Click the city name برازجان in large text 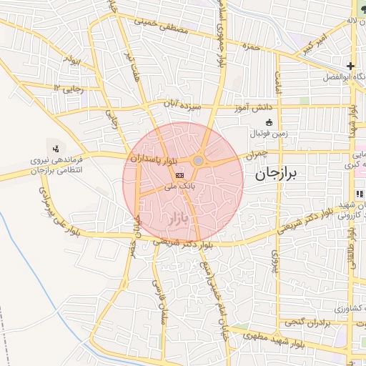tap(275, 174)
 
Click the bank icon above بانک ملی tap(179, 174)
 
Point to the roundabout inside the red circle tap(198, 161)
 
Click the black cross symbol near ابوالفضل tap(351, 66)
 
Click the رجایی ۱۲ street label tap(68, 88)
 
